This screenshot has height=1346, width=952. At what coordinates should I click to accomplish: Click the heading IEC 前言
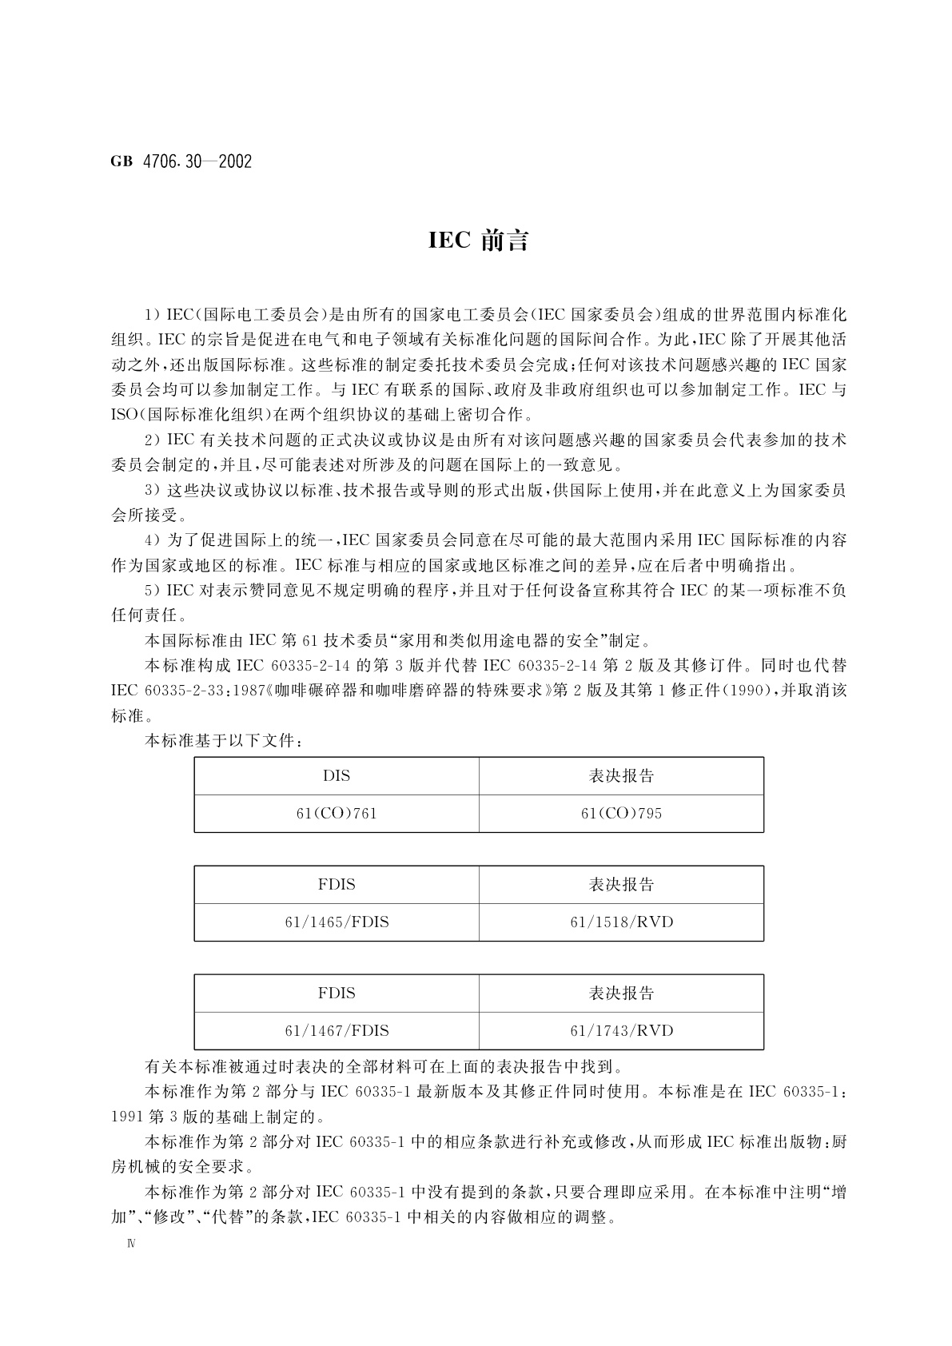[479, 241]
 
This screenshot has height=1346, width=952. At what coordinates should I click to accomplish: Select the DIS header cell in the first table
[337, 775]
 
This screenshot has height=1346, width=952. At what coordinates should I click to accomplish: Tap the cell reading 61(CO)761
[337, 814]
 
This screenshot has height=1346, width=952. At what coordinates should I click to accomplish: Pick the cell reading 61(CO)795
[621, 814]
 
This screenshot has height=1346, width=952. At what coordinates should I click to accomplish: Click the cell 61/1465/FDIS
[337, 922]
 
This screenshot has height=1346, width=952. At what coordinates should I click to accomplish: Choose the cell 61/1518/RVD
[621, 922]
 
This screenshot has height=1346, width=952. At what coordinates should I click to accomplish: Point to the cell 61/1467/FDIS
[337, 1031]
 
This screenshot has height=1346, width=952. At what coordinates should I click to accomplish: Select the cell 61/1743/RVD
[621, 1031]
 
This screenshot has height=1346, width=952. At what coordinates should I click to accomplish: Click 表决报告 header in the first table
[621, 775]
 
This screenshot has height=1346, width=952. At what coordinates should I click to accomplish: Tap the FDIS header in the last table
[337, 994]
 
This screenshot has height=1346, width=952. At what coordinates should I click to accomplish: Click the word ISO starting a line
[125, 415]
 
